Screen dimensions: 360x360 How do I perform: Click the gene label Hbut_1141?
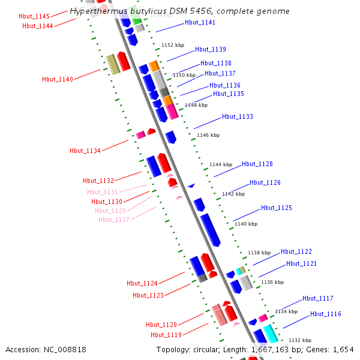pos(200,22)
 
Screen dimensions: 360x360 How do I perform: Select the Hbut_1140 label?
pos(58,79)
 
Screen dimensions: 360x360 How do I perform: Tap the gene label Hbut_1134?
pos(85,151)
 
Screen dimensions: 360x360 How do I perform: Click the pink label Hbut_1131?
pos(103,192)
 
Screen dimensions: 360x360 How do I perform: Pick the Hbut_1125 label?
pos(277,208)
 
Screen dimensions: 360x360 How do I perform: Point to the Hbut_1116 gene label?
pos(325,314)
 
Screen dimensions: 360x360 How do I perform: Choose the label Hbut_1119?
pos(166,335)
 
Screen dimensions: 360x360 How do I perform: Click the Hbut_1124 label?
pos(142,283)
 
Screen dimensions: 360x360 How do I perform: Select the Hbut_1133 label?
pos(238,116)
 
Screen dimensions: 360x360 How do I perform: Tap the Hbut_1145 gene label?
pos(34,16)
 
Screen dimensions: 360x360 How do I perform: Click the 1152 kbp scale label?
pos(173,45)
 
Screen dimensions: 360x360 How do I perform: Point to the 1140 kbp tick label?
pos(245,224)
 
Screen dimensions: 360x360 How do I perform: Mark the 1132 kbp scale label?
pos(299,340)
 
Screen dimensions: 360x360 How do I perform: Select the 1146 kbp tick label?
pos(208,135)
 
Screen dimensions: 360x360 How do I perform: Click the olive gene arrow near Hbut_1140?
pos(113,64)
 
